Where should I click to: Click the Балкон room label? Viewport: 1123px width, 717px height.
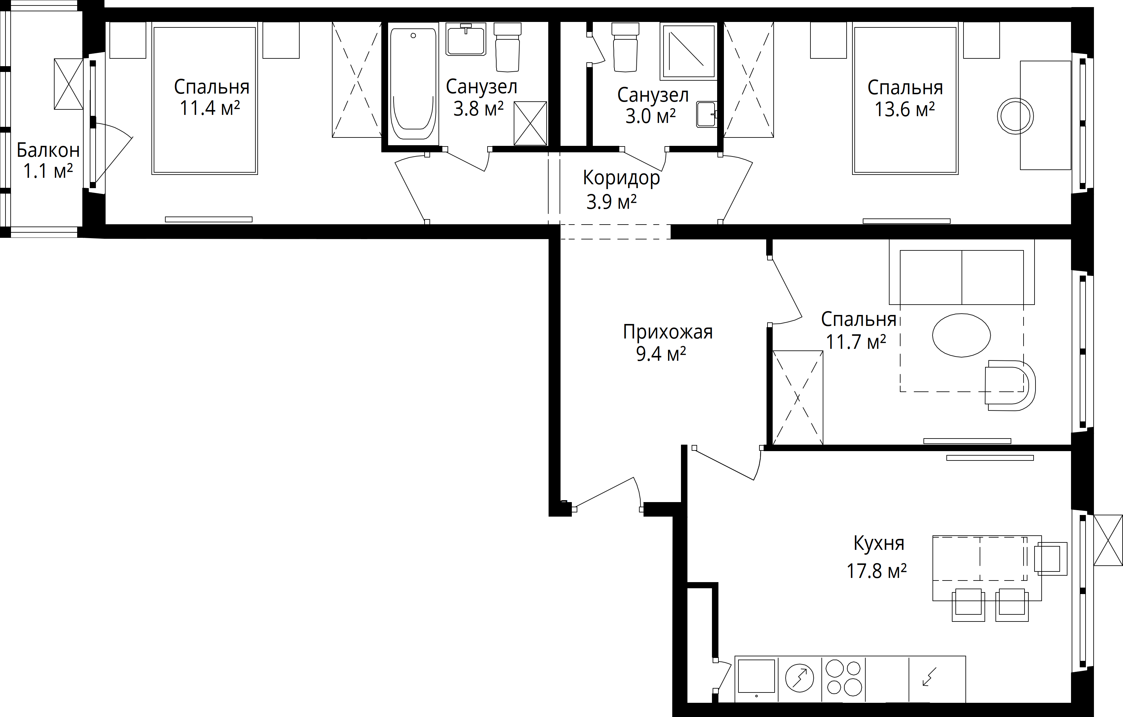[x=48, y=150]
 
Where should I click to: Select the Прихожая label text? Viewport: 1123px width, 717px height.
[x=668, y=332]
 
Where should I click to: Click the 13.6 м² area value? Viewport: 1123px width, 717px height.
[x=904, y=110]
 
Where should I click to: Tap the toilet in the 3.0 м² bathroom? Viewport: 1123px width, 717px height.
[x=625, y=47]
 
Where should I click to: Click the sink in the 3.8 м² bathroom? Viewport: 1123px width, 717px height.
[x=466, y=40]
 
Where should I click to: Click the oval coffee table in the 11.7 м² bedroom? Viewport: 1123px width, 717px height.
[x=961, y=335]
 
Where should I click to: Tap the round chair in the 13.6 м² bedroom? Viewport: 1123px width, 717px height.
[x=1015, y=116]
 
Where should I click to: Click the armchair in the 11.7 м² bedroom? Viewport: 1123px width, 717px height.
[x=1010, y=385]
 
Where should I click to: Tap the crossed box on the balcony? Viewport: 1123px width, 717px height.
[x=68, y=84]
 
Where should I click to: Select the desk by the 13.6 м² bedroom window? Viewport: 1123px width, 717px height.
[x=1045, y=115]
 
